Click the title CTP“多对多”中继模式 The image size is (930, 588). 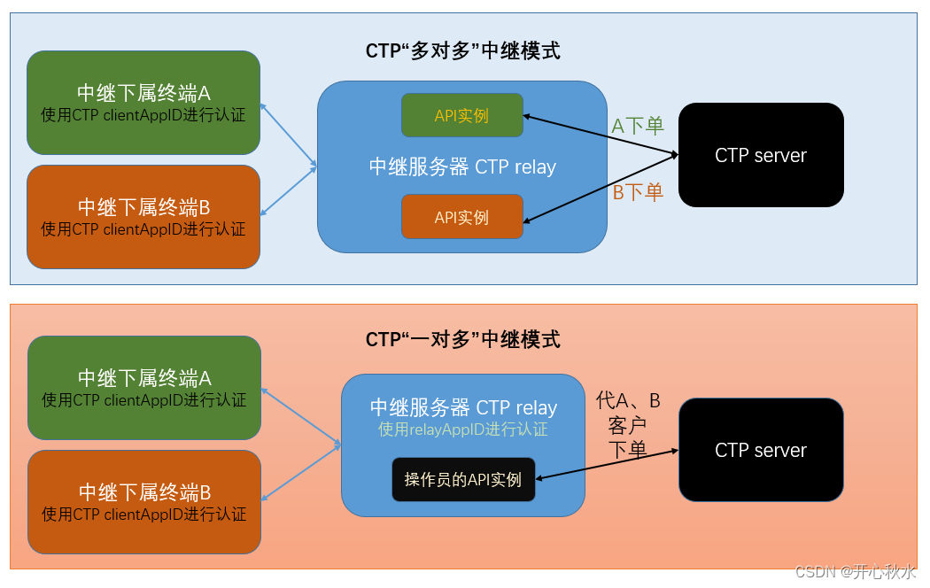(462, 50)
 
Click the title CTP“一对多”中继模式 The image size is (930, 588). (462, 339)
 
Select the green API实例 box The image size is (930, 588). (461, 115)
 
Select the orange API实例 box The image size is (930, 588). (461, 217)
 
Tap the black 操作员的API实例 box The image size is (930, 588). (463, 480)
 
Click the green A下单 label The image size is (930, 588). (638, 126)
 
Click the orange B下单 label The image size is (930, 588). (638, 192)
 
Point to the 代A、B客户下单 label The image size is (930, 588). (628, 425)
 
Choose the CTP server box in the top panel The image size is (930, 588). (761, 155)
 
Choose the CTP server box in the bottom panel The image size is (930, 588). (761, 450)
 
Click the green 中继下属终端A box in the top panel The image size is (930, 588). (143, 103)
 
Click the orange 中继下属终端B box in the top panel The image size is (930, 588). (143, 217)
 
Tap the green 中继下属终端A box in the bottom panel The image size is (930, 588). (144, 388)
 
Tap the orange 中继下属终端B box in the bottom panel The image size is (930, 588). (144, 502)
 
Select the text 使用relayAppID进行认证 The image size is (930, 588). (462, 429)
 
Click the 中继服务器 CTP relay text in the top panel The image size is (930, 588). (462, 166)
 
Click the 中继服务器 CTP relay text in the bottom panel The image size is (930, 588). (463, 407)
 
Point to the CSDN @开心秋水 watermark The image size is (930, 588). (855, 571)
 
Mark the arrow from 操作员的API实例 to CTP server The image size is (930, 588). (608, 465)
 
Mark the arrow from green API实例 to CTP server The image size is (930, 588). (601, 135)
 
